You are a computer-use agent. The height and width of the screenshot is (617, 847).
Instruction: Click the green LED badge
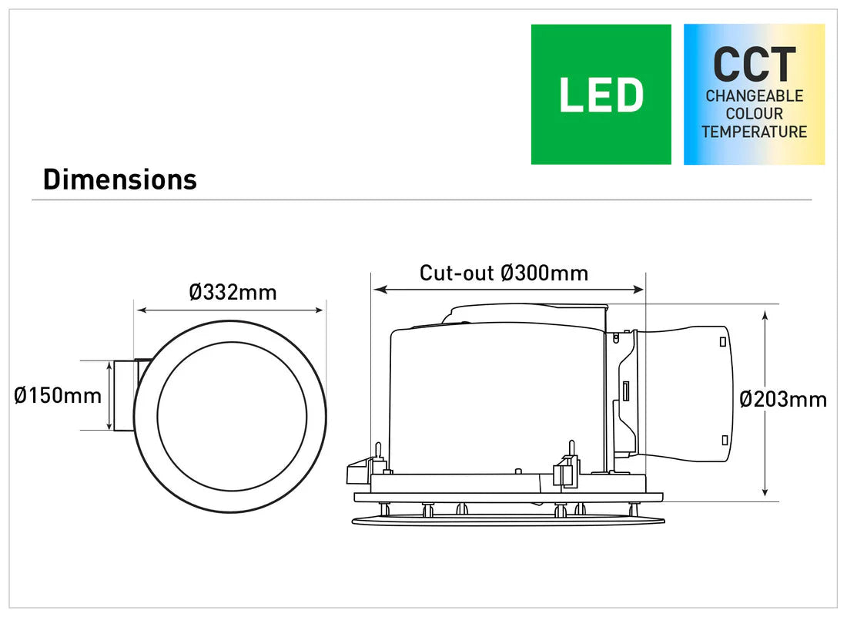(x=601, y=94)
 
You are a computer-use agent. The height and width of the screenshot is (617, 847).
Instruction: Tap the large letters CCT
(x=754, y=65)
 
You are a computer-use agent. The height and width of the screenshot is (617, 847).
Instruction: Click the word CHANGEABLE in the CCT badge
(x=754, y=96)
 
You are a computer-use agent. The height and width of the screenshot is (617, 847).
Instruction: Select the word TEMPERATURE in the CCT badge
(x=754, y=132)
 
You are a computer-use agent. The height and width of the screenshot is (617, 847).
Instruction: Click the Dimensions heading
(x=120, y=179)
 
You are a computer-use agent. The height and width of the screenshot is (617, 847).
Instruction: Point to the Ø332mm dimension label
(x=233, y=293)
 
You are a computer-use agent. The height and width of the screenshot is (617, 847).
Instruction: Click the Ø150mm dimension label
(x=58, y=396)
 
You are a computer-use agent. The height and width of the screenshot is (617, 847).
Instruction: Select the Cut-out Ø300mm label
(x=504, y=273)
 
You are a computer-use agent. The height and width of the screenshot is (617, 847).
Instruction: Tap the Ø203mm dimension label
(x=783, y=399)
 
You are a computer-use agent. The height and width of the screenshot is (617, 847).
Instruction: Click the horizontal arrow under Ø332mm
(x=230, y=310)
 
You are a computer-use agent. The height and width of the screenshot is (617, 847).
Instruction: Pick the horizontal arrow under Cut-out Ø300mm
(x=508, y=290)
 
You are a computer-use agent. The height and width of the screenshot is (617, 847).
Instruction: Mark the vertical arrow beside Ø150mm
(x=108, y=395)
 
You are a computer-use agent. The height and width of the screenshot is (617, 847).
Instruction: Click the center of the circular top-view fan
(x=232, y=416)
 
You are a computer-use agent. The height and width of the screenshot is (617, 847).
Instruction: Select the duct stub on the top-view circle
(x=125, y=395)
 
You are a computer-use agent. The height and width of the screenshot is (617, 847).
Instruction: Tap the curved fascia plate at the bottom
(x=508, y=520)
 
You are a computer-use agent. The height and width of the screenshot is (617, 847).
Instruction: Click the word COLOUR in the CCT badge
(x=754, y=114)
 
